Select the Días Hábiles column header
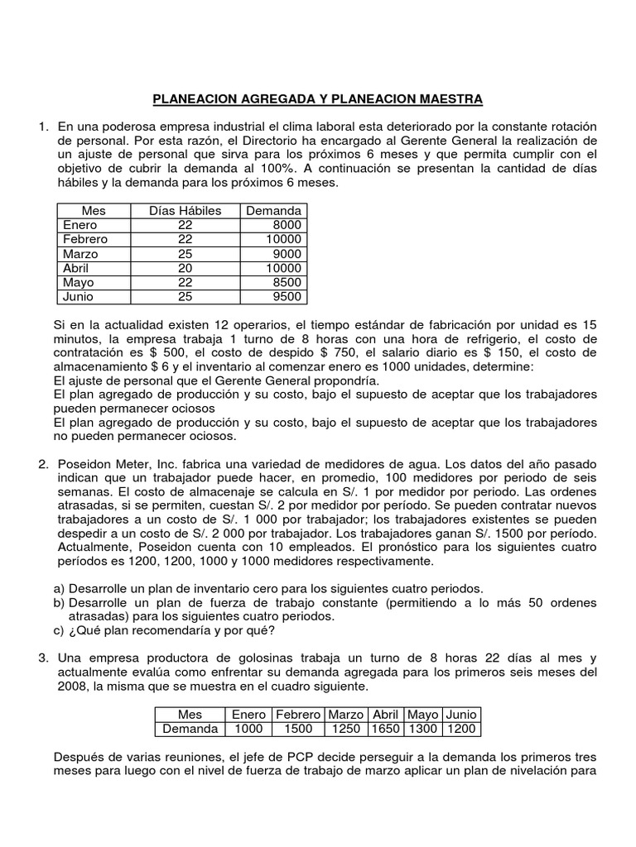(x=185, y=211)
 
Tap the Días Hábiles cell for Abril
(x=185, y=269)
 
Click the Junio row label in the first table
(x=79, y=297)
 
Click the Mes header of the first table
(x=94, y=211)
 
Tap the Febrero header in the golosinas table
(x=298, y=714)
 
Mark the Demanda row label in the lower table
(x=190, y=729)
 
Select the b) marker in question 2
(x=58, y=603)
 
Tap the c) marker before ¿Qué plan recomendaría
(x=58, y=633)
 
